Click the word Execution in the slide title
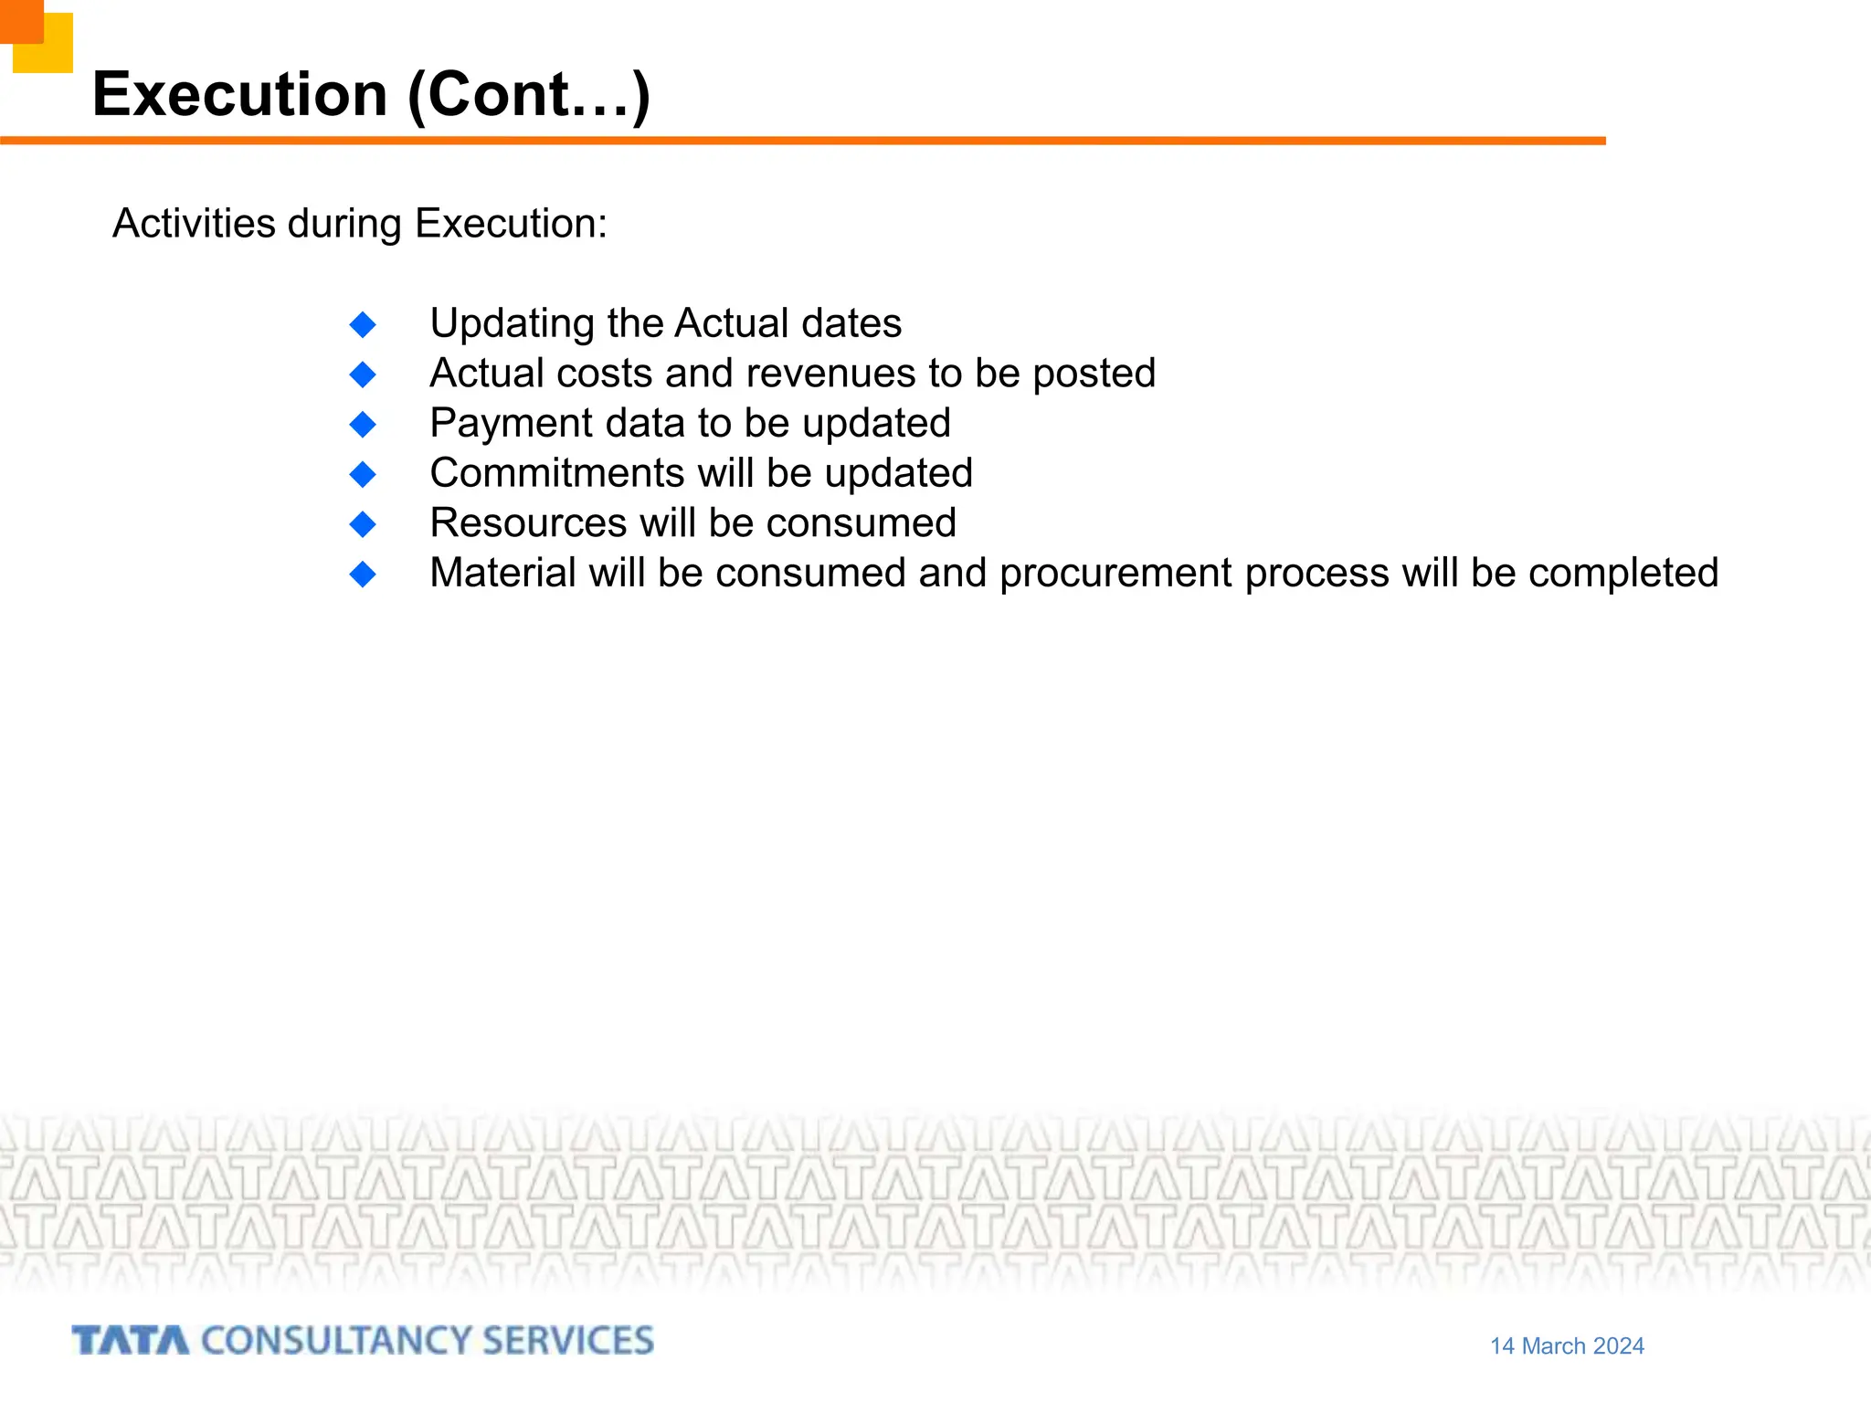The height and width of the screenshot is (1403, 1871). tap(240, 94)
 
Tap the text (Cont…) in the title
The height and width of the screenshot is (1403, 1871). tap(529, 94)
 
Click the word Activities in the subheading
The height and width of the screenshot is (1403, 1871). tap(194, 224)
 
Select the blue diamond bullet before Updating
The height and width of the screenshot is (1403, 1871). tap(363, 324)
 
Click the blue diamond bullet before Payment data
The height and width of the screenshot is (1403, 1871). tap(363, 424)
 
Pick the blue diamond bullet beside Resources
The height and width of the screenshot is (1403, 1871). tap(363, 524)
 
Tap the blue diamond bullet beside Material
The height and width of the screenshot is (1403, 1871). tap(363, 574)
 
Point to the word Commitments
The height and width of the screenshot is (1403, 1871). tap(557, 473)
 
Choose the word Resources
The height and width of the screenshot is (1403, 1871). tap(528, 523)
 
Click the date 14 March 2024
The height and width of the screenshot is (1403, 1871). tap(1567, 1345)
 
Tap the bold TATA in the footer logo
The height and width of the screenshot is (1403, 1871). tap(131, 1341)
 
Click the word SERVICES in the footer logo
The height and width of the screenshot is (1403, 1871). tap(567, 1341)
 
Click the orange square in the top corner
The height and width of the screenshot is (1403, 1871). tap(20, 20)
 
